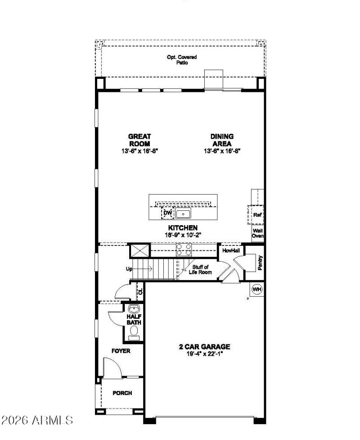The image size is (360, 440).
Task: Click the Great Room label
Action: pos(139,140)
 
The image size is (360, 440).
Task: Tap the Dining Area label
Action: pos(222,140)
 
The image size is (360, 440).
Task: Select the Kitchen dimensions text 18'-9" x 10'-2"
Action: pos(183,235)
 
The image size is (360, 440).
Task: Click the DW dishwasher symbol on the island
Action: pos(168,213)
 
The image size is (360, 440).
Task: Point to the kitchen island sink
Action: pos(184,213)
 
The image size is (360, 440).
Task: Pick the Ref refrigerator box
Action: pos(257,215)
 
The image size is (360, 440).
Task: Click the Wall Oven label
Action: pos(257,233)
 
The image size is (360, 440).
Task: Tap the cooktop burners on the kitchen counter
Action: pos(184,249)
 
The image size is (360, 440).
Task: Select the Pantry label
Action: pos(260,263)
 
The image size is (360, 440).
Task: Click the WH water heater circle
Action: pos(257,289)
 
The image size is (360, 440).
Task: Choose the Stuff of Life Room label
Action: pos(199,270)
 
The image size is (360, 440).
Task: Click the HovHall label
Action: pos(229,250)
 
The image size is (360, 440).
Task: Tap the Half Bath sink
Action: pos(134,309)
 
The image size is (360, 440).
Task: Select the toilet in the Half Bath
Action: pos(134,332)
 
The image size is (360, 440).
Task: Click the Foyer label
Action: pos(121,351)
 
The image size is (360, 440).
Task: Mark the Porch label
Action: pos(122,393)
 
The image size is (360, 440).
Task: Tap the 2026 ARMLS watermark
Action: pos(37,421)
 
